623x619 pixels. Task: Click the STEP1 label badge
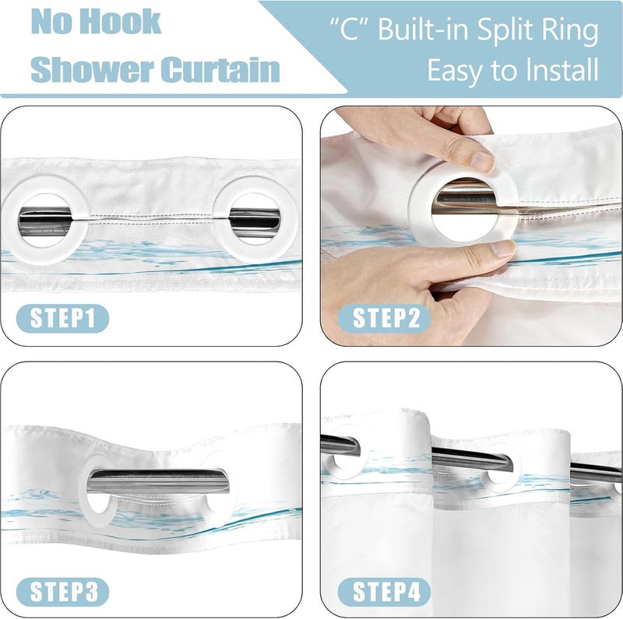[x=62, y=318]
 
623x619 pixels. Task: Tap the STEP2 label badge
[x=384, y=318]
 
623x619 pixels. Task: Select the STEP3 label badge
[x=62, y=592]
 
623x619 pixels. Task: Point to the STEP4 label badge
[x=384, y=592]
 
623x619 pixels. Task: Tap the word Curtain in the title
[x=220, y=69]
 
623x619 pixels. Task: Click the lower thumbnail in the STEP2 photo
[x=503, y=248]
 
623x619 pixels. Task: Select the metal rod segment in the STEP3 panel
[x=158, y=481]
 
